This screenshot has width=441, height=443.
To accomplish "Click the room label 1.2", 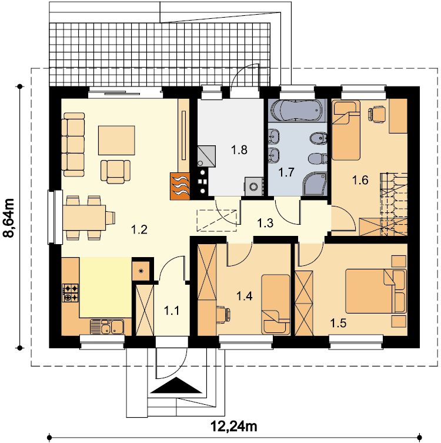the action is tap(139, 229).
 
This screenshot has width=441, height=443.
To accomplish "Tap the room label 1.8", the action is tap(239, 150).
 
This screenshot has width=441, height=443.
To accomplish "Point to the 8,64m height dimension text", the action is tap(8, 218).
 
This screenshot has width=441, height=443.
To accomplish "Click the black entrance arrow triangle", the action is tap(177, 385).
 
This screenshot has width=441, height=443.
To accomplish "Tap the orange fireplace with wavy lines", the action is tap(179, 186).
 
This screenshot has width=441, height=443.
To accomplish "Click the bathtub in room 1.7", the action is tap(296, 110).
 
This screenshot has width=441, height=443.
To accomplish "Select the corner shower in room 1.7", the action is tap(315, 184).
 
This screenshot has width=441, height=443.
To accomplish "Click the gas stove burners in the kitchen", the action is tap(71, 293).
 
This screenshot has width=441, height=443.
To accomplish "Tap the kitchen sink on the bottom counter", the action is tap(106, 327).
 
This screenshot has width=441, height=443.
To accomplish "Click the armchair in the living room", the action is tap(115, 172).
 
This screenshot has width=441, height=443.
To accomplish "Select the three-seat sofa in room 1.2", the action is tap(73, 145).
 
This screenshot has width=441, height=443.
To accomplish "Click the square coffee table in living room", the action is tap(116, 141).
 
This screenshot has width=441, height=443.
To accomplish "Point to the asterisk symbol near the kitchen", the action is tap(141, 271).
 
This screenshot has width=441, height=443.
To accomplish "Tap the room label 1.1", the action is tap(172, 311).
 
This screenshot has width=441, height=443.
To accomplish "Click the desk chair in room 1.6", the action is tap(376, 114).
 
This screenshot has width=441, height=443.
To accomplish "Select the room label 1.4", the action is tap(244, 296).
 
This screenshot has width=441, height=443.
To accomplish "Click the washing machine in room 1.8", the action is tap(254, 186).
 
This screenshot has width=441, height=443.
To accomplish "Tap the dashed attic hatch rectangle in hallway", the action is tap(216, 221).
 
